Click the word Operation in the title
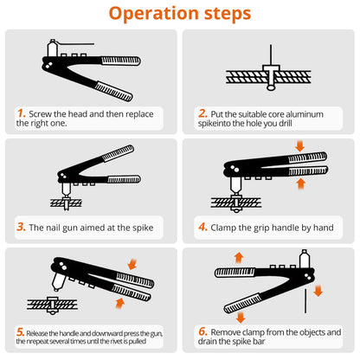pos(154,14)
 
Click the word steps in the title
pos(228,14)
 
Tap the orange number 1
pos(22,113)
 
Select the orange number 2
pos(202,113)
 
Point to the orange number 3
pos(21,227)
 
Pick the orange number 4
pos(202,227)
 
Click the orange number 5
pos(20,332)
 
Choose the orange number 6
pos(202,331)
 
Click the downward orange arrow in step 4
pos(300,146)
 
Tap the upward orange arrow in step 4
pos(301,183)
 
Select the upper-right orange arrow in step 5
pos(132,264)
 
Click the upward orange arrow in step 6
pos(239,258)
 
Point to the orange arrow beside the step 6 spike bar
pos(318,291)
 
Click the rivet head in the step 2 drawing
pos(271,68)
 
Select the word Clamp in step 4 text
pos(223,228)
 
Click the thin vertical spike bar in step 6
pos(305,301)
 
